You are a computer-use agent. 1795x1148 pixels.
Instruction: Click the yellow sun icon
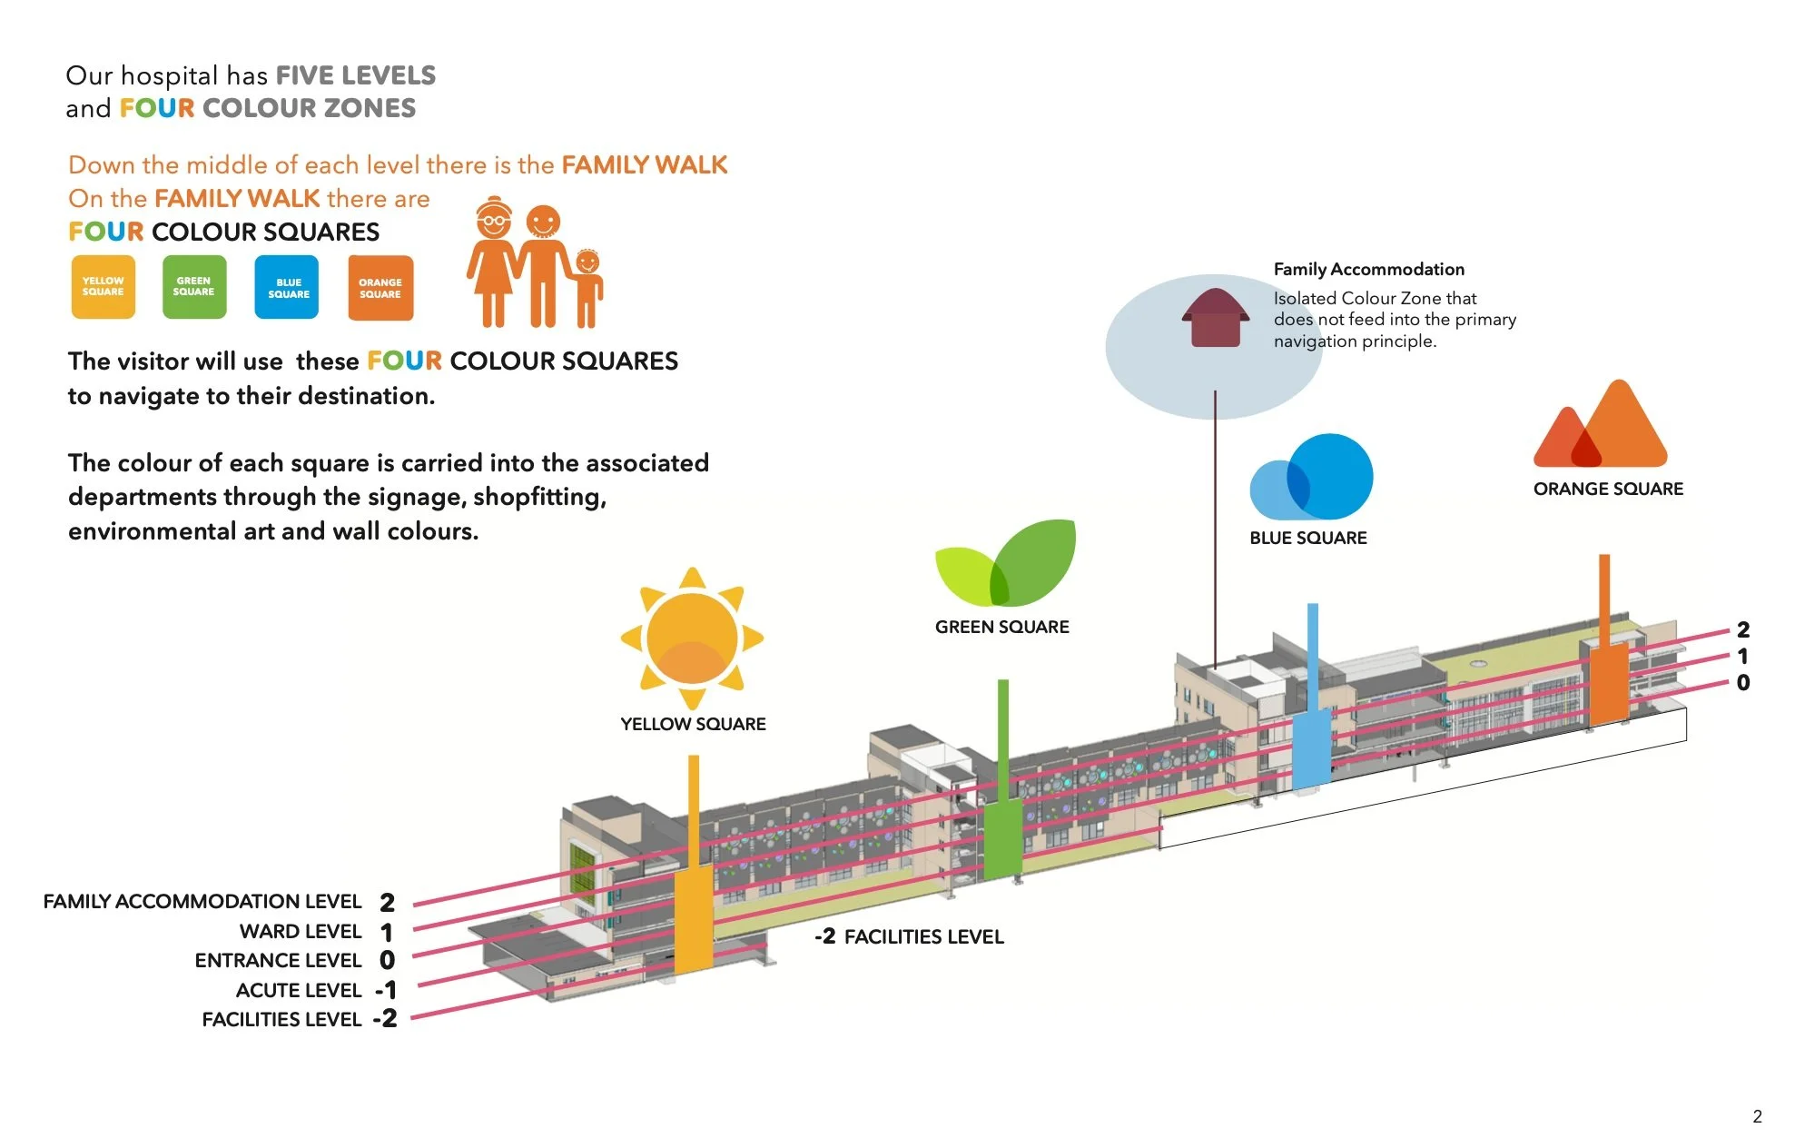[x=692, y=638]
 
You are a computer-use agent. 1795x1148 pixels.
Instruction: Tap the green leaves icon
[x=1005, y=563]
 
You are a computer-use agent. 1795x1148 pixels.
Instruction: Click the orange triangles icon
[x=1601, y=425]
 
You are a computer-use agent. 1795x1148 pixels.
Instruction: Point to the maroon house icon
[x=1215, y=317]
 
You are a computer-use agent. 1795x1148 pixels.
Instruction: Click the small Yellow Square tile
[x=104, y=287]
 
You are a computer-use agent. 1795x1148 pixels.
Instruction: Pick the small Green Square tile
[x=194, y=287]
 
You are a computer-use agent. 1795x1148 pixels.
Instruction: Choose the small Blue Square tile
[x=287, y=287]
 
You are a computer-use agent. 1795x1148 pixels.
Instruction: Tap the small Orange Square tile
[x=380, y=288]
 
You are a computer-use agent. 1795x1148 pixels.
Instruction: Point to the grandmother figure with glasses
[x=492, y=262]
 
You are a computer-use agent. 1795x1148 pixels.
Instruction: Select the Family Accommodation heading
[x=1368, y=269]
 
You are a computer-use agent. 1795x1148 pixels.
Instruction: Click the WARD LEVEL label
[x=301, y=931]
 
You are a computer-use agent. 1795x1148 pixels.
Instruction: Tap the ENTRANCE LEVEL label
[x=278, y=960]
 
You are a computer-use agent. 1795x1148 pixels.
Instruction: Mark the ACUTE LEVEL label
[x=299, y=990]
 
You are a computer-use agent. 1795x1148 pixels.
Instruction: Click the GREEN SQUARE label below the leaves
[x=1002, y=627]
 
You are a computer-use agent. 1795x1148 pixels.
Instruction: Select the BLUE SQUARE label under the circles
[x=1308, y=538]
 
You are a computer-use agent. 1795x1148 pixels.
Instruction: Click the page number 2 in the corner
[x=1758, y=1116]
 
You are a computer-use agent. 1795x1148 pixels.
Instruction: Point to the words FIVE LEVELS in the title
[x=356, y=75]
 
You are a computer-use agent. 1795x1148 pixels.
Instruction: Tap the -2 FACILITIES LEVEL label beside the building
[x=909, y=936]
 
